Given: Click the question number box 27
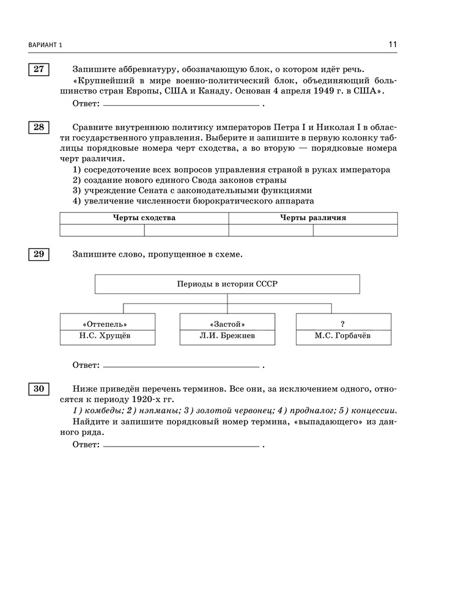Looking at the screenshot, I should click(x=39, y=69).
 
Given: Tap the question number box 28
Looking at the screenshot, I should click(x=39, y=127).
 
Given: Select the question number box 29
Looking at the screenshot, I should click(x=39, y=254).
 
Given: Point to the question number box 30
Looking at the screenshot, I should click(x=39, y=389).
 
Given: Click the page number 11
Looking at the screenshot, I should click(x=392, y=45).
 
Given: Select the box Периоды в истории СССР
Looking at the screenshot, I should click(x=227, y=284).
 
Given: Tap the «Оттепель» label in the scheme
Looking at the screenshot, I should click(x=108, y=323).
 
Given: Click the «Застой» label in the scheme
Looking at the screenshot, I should click(x=227, y=323).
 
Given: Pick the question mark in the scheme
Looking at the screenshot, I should click(x=343, y=323).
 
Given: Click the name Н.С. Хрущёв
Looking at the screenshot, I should click(x=108, y=336).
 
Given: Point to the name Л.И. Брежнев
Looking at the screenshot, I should click(x=227, y=336).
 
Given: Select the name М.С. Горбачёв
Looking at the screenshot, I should click(x=343, y=336).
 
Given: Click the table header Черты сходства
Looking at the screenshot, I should click(x=144, y=218).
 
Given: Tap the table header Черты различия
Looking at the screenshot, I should click(x=313, y=218).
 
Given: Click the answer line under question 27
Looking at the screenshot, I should click(x=181, y=105).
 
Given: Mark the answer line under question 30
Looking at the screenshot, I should click(x=181, y=446).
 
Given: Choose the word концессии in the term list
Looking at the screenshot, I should click(x=374, y=411).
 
